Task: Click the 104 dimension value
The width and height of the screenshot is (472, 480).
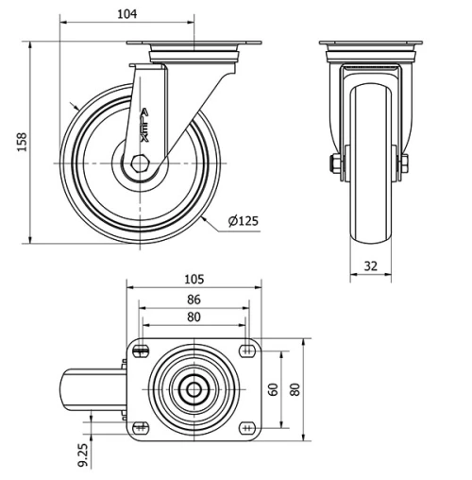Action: coord(128,13)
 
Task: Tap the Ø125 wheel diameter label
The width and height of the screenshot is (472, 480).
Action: coord(244,221)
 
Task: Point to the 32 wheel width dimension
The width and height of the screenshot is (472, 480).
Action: coord(370,266)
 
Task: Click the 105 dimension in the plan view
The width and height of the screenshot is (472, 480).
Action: coord(193,281)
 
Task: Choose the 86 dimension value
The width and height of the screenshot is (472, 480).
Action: coord(193,300)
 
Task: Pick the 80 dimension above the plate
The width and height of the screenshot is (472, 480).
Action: coord(193,317)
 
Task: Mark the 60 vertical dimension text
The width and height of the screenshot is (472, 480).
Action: coord(273,388)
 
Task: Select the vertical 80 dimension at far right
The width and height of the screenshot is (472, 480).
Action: coord(295,388)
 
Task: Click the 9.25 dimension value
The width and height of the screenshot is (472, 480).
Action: coord(83,454)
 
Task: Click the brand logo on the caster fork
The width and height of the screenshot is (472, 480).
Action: coord(143,124)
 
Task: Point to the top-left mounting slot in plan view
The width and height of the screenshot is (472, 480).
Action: coord(142,351)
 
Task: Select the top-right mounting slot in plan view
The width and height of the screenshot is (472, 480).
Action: coord(246,351)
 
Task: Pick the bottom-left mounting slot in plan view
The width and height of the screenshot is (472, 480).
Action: coord(142,426)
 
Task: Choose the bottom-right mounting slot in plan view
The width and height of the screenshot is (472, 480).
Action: coord(246,426)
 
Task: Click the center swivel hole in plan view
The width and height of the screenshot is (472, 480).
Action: coord(194,388)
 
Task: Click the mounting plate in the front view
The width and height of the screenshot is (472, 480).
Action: coord(370,44)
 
